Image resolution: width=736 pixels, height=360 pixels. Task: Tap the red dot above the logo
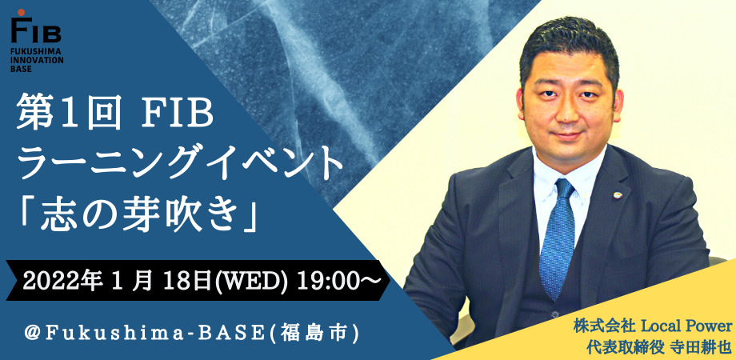click(x=21, y=11)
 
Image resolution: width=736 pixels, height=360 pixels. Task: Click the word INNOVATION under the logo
click(x=38, y=60)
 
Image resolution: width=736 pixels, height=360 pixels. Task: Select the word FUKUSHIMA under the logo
click(x=34, y=52)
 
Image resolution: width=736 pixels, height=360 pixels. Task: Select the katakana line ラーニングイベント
click(x=180, y=164)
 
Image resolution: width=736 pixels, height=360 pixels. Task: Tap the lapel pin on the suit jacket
click(x=618, y=194)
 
